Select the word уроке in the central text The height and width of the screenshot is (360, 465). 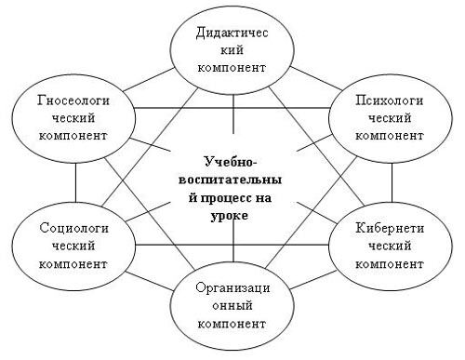tap(232, 215)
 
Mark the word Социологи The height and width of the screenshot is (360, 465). tap(64, 228)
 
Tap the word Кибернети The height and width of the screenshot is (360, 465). tap(391, 228)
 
